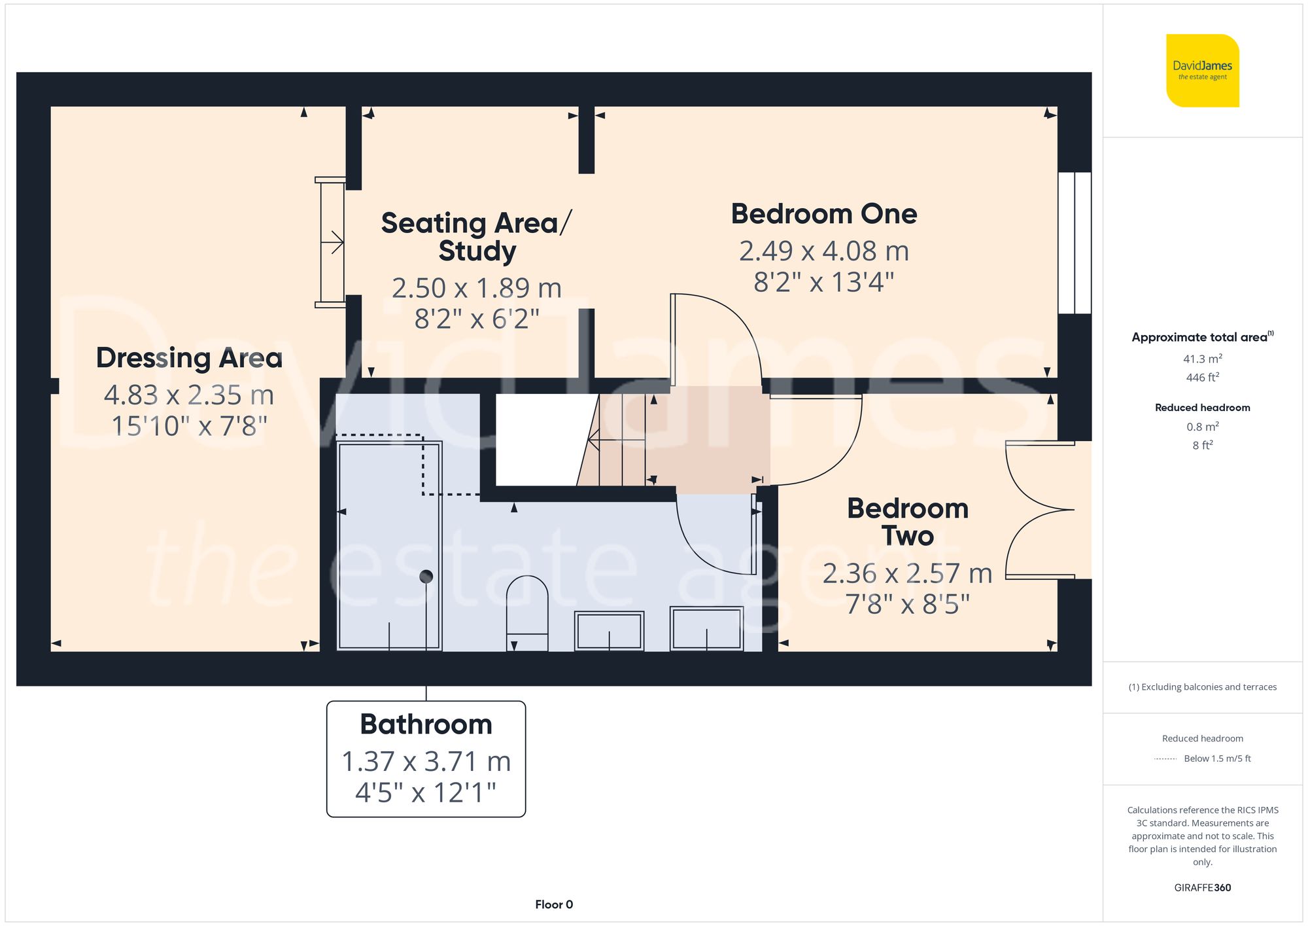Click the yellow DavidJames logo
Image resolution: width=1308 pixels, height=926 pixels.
click(1202, 71)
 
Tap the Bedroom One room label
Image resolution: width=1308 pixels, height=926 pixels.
click(823, 214)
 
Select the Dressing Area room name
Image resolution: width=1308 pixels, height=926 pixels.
click(189, 357)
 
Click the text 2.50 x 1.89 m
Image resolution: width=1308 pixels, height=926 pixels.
click(477, 288)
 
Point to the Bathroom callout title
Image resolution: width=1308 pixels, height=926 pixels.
click(426, 724)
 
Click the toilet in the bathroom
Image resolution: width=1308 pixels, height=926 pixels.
click(527, 612)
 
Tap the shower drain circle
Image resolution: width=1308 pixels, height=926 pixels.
click(426, 577)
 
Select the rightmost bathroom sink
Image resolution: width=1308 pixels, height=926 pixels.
click(706, 629)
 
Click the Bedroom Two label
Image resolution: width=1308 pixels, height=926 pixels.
click(908, 522)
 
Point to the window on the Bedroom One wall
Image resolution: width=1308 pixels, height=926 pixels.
click(1075, 243)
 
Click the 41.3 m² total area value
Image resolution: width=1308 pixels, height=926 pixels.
click(1202, 359)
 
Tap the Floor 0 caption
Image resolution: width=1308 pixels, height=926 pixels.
click(553, 904)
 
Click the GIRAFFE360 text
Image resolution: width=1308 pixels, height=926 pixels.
click(1202, 887)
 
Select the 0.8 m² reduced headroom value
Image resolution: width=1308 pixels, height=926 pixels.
click(1202, 427)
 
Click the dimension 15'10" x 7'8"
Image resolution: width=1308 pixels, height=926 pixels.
click(189, 426)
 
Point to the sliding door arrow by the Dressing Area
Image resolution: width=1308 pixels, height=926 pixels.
click(335, 243)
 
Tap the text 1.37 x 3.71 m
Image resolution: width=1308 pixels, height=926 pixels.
click(426, 762)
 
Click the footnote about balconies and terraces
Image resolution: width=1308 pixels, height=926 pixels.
click(1202, 687)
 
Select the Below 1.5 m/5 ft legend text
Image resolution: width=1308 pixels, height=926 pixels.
click(1216, 758)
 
